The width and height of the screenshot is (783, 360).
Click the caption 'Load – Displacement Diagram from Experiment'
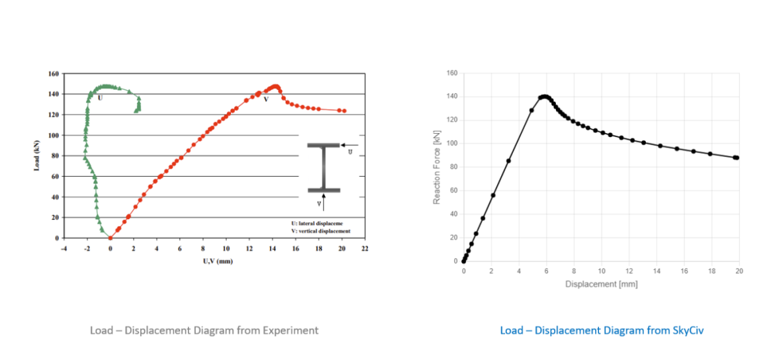(x=204, y=330)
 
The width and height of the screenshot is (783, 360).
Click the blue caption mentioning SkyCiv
(x=602, y=330)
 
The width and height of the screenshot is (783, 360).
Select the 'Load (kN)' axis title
(x=38, y=156)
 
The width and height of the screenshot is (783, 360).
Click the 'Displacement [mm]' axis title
(x=601, y=284)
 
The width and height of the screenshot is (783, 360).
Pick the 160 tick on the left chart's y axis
(x=53, y=74)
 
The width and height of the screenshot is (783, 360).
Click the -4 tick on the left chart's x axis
(x=63, y=248)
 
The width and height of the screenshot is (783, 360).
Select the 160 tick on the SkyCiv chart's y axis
(x=452, y=73)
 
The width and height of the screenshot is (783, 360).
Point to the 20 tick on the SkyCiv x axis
(x=739, y=270)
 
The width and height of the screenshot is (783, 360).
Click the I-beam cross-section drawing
(x=324, y=168)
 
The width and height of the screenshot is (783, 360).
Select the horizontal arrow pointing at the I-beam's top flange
(x=349, y=145)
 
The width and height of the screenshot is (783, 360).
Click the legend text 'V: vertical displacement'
(x=320, y=231)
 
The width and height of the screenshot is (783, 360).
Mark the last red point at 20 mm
(x=344, y=111)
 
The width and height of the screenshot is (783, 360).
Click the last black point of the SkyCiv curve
(x=737, y=158)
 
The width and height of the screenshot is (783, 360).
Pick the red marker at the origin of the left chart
(x=110, y=238)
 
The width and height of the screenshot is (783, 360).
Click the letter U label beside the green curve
(x=100, y=98)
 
